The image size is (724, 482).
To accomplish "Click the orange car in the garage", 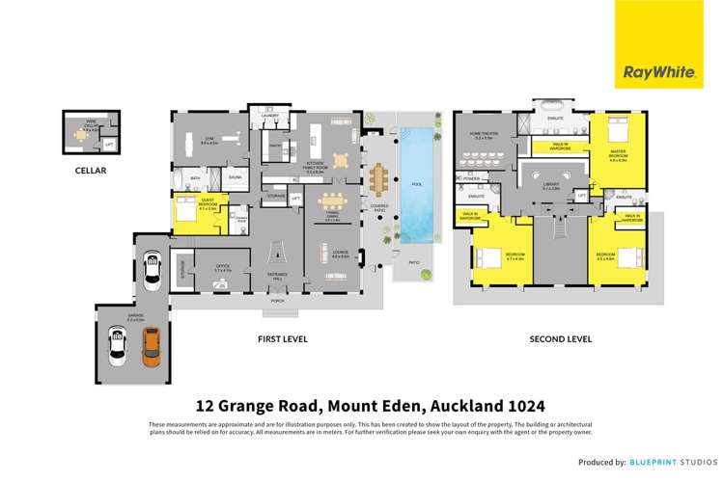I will (151, 346).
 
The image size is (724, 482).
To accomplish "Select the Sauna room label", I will (235, 178).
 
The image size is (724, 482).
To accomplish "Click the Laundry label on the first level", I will (270, 117).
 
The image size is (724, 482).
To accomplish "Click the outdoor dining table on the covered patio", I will (376, 178).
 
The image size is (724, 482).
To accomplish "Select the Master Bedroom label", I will (618, 155).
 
